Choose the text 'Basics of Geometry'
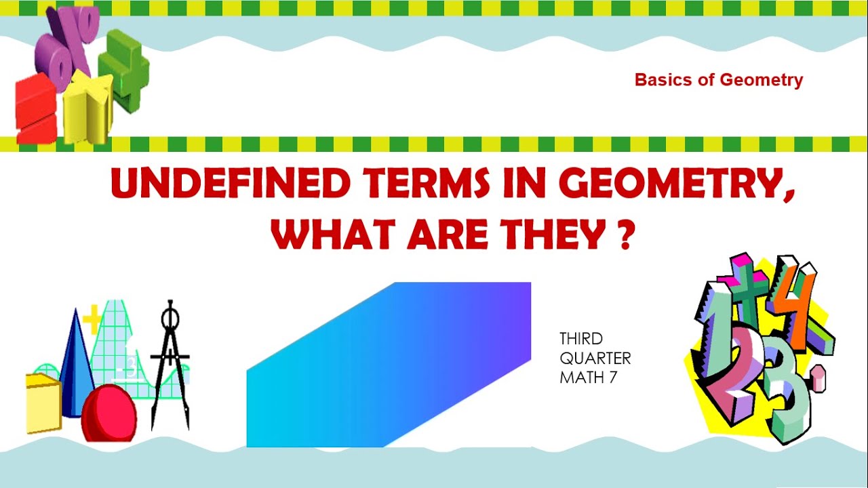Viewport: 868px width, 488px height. (718, 80)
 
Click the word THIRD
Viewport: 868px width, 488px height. (581, 338)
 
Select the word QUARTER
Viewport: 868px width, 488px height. (595, 358)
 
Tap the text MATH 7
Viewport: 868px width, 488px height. (588, 378)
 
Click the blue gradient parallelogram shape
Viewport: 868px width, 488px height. (389, 365)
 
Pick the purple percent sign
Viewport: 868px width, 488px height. (68, 44)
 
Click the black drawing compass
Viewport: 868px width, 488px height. (169, 366)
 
